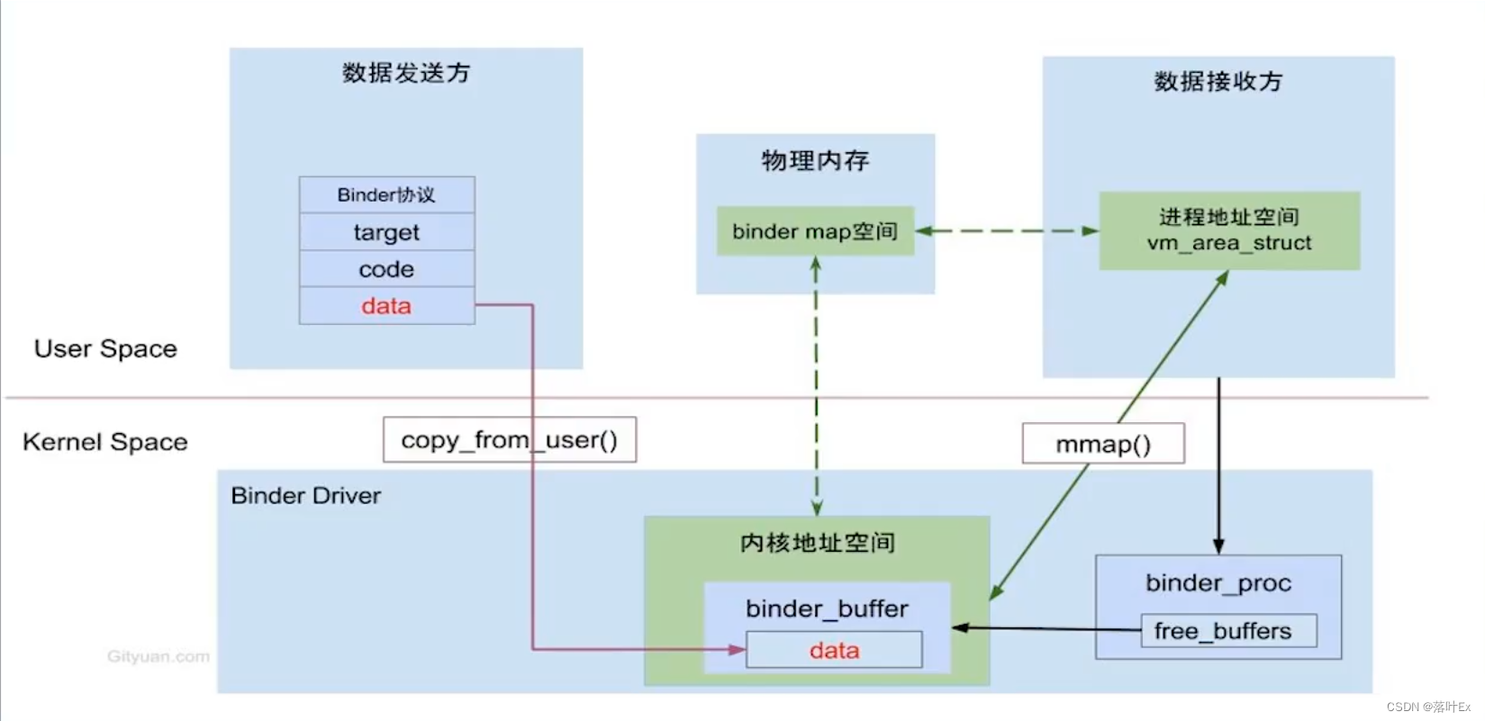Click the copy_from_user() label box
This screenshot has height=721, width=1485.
tap(509, 440)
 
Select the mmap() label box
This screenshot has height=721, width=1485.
tap(1103, 444)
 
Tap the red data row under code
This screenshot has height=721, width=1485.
tap(386, 306)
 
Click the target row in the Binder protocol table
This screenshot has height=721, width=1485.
tap(386, 232)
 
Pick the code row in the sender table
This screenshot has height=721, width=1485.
tap(386, 269)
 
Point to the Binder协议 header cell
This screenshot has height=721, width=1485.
tap(386, 194)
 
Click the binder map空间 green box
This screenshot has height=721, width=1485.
tap(815, 231)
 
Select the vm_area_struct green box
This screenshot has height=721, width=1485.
tap(1229, 230)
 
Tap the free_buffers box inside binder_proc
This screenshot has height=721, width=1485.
tap(1228, 631)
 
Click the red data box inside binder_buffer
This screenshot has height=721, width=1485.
tap(834, 650)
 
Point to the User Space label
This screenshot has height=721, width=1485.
tap(105, 349)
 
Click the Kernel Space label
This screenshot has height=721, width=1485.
tap(105, 442)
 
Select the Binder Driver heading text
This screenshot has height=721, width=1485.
tap(306, 496)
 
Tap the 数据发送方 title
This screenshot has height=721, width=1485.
tap(406, 73)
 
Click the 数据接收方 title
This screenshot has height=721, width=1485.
tap(1218, 82)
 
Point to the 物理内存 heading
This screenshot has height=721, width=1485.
tap(815, 160)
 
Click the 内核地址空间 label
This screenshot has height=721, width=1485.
tap(817, 543)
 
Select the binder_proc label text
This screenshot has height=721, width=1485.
tap(1218, 583)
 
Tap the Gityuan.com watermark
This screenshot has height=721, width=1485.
tap(158, 657)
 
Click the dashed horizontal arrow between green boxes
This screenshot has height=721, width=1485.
tap(1007, 231)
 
